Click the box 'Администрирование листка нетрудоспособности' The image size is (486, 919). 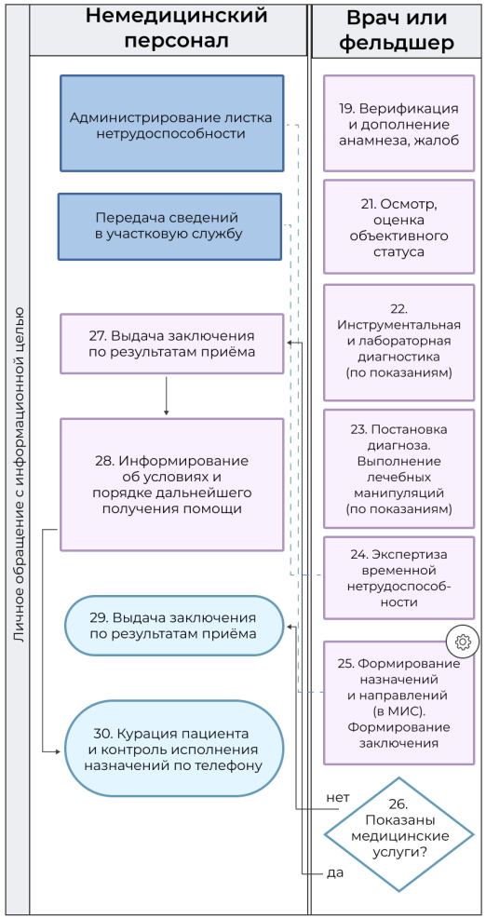coord(171,125)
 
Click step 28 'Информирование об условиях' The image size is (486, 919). coord(171,485)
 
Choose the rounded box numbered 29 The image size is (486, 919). coord(173,626)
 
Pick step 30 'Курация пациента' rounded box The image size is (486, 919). coord(173,746)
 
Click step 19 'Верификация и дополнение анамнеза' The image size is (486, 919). coord(398,123)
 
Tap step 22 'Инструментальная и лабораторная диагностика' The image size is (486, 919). coord(398,342)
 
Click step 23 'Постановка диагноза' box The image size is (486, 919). coord(398,469)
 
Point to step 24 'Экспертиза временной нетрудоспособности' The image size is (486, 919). coord(398,577)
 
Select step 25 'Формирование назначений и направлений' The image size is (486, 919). coord(398,702)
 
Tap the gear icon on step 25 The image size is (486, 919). coord(463,641)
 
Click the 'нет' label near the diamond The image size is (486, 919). coord(338,798)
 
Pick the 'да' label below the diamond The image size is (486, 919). coord(335,873)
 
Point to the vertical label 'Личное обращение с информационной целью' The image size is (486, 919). coord(18,474)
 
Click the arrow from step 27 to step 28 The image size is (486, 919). coord(166,395)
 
